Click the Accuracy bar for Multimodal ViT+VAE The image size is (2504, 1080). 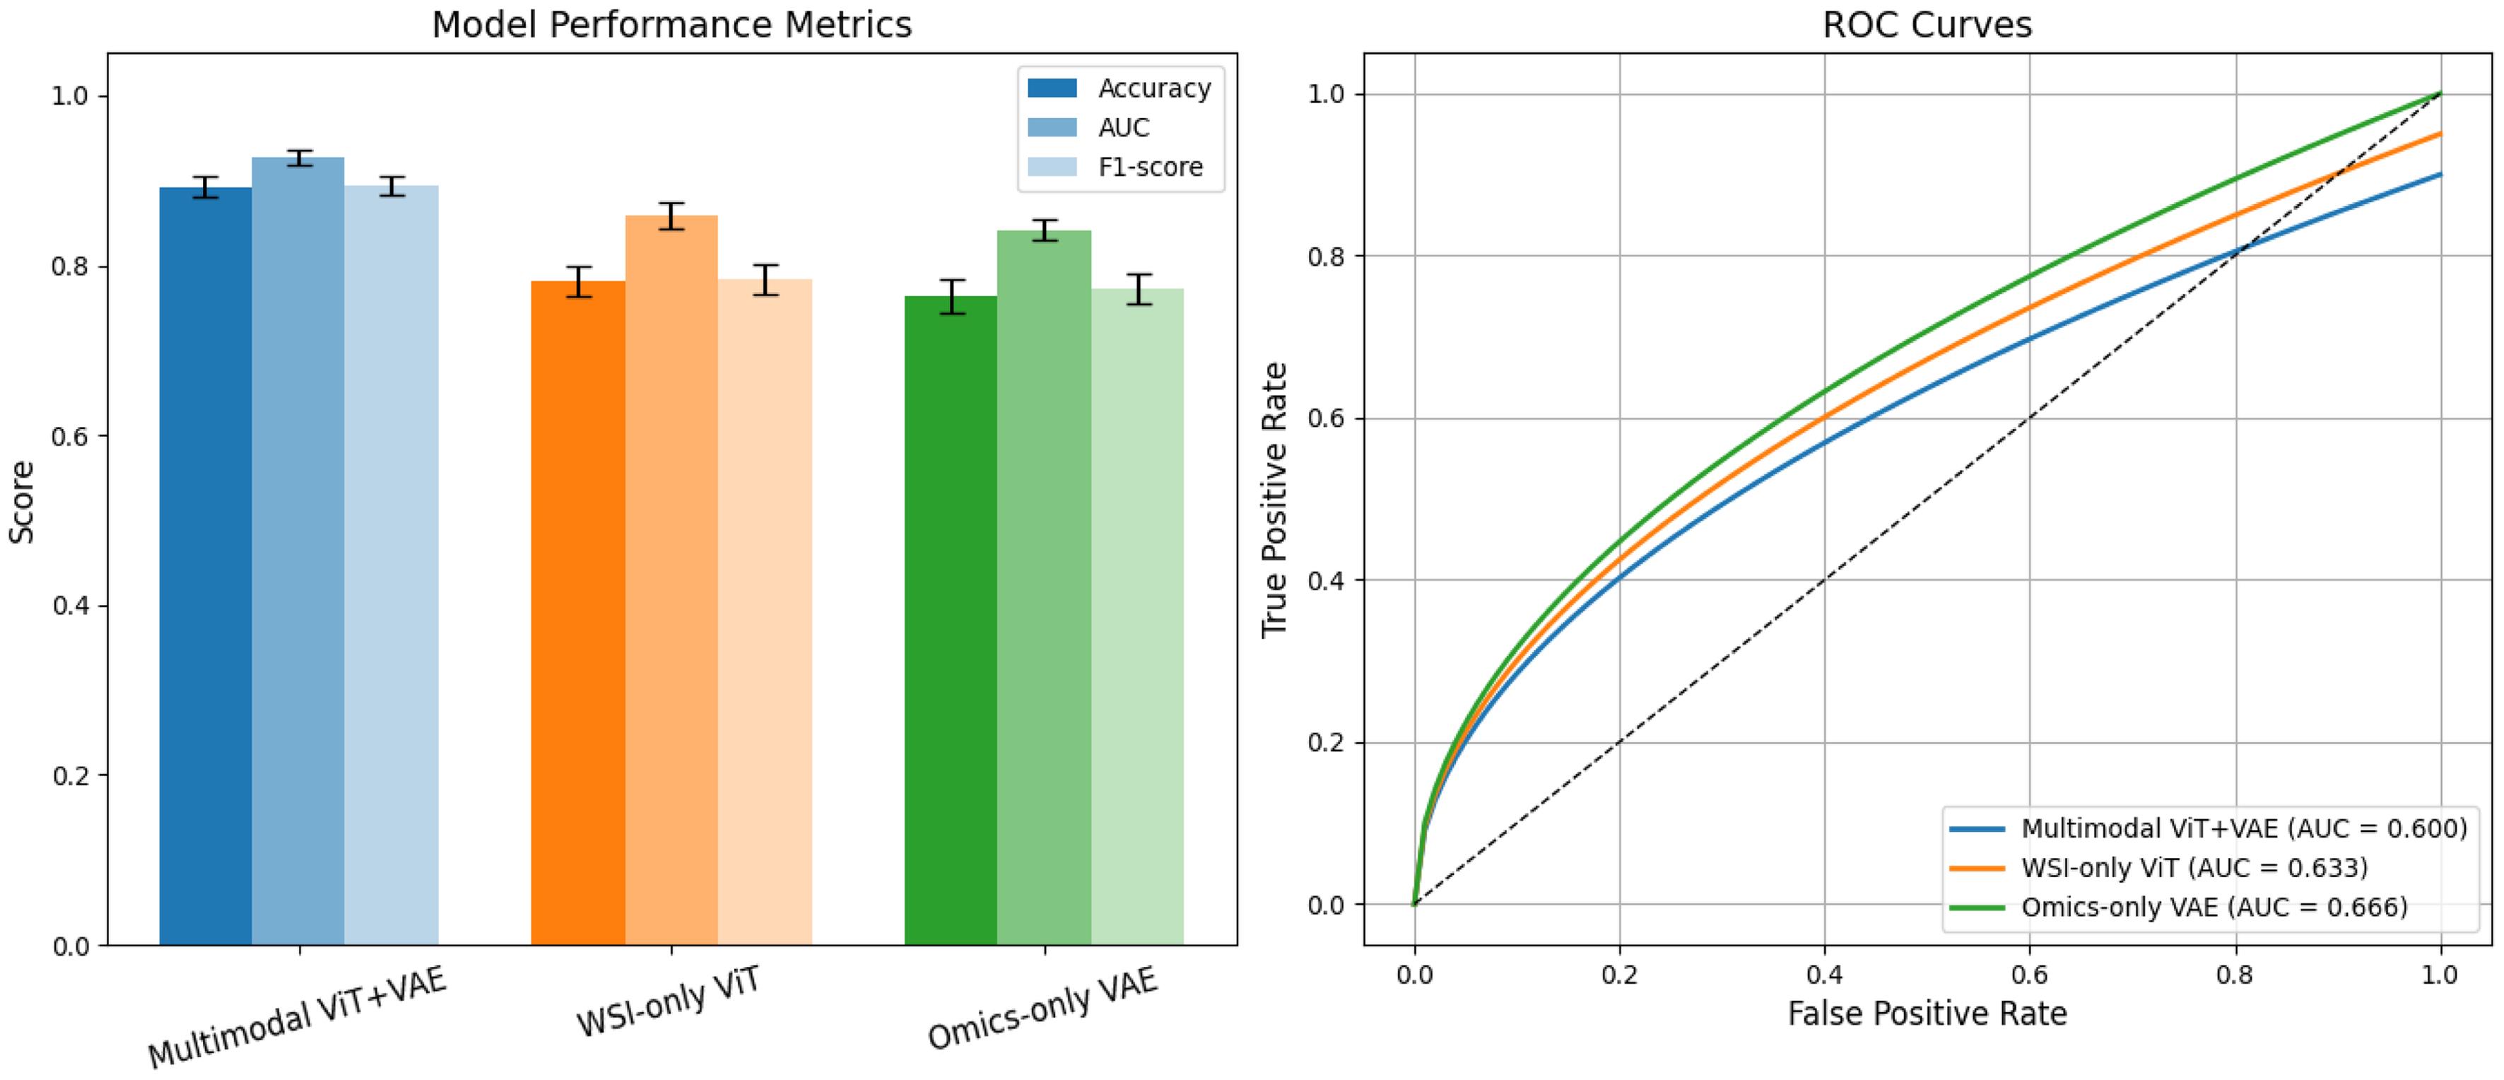coord(205,564)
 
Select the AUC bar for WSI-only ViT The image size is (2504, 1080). coord(671,578)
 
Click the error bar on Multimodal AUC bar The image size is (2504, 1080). coord(298,158)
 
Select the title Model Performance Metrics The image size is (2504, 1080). coord(671,24)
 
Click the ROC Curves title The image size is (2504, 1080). coord(1927,24)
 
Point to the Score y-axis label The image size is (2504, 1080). coord(21,502)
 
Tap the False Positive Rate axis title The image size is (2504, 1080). coord(1927,1014)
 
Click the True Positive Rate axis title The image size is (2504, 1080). coord(1274,500)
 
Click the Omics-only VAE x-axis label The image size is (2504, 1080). coord(1042,1010)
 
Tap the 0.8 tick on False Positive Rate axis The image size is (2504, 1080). coord(2235,974)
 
